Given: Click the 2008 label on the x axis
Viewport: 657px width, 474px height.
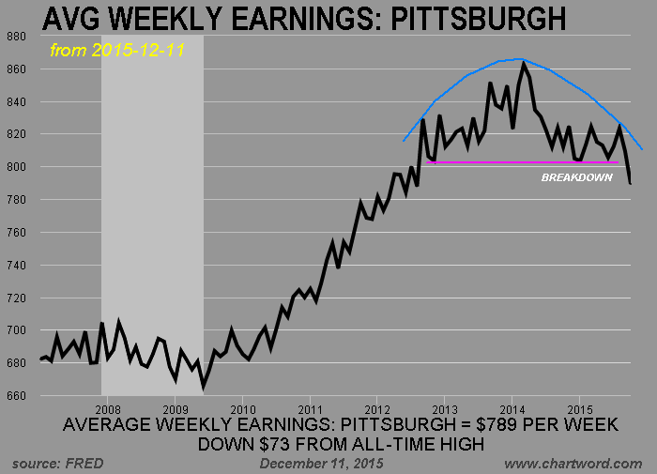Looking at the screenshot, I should pyautogui.click(x=108, y=409).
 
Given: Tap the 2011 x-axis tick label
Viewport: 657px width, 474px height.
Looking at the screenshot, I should pyautogui.click(x=311, y=409).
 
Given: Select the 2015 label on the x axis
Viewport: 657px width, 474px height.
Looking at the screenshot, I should pyautogui.click(x=580, y=409).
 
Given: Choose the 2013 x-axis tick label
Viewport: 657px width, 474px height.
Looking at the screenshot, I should pyautogui.click(x=445, y=409).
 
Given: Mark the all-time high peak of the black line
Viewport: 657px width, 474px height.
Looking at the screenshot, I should pyautogui.click(x=524, y=64).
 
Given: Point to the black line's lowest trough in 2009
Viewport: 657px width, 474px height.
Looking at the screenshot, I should pyautogui.click(x=204, y=386).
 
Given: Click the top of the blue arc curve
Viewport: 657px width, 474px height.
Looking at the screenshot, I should pyautogui.click(x=517, y=59).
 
